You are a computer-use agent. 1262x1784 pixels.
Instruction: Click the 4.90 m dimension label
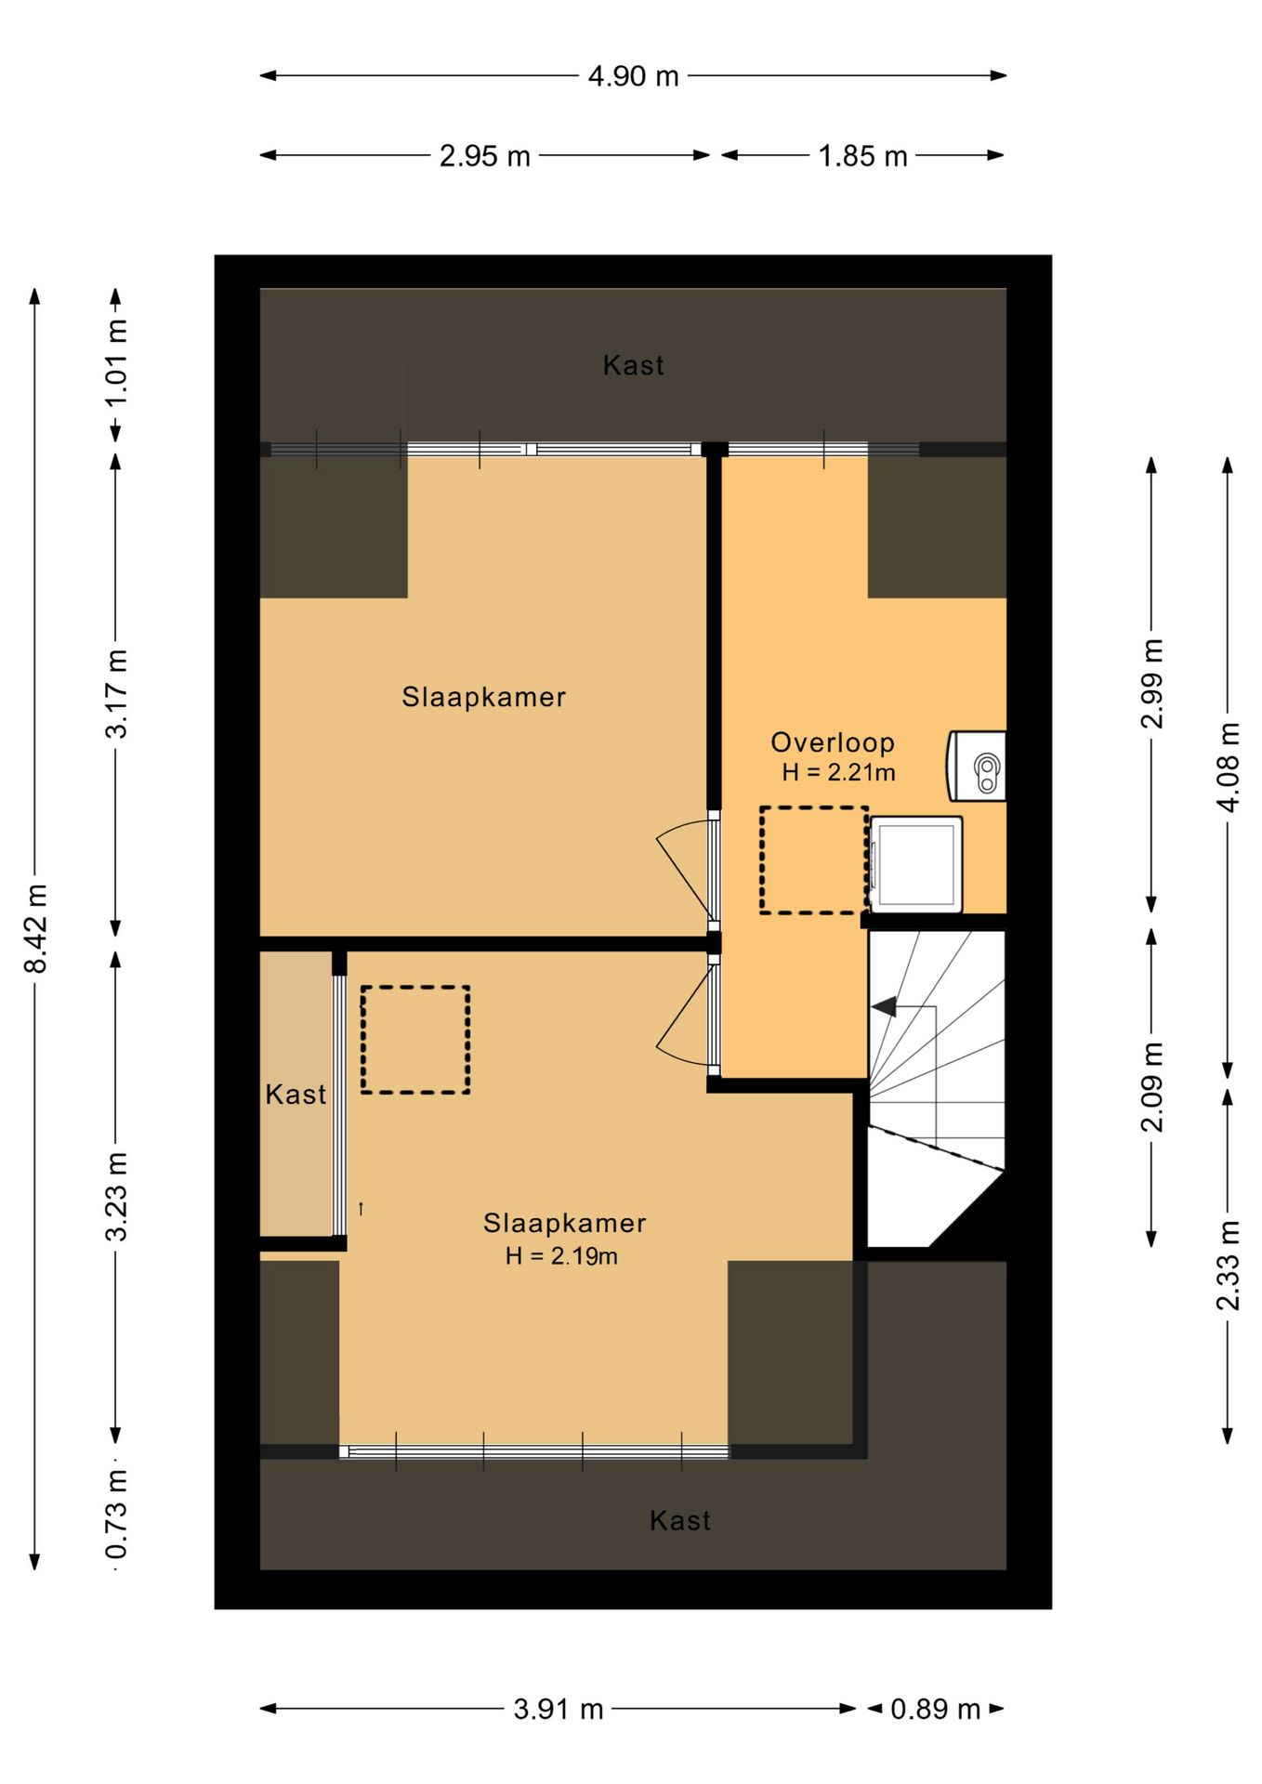click(633, 76)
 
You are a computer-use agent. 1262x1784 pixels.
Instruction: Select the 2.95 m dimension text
click(484, 156)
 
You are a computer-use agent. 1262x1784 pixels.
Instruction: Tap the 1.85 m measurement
click(862, 156)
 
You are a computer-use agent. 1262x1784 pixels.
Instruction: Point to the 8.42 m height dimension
click(35, 928)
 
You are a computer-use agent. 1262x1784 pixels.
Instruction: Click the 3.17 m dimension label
click(116, 693)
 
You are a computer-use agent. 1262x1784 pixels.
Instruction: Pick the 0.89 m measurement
click(935, 1709)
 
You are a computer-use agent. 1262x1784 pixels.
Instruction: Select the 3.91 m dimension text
click(559, 1709)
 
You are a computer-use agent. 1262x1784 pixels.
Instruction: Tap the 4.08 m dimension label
click(1228, 767)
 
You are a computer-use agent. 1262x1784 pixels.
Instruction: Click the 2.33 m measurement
click(1228, 1266)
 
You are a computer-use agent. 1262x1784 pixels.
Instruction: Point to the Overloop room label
click(833, 742)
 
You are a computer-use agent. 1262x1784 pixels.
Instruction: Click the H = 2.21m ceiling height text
click(838, 772)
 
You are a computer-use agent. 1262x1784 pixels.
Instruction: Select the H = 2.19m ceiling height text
click(561, 1256)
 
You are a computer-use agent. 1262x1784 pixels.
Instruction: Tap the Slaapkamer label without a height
click(483, 697)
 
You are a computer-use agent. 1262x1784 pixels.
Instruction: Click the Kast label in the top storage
click(633, 365)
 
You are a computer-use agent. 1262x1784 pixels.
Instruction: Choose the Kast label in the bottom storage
click(680, 1520)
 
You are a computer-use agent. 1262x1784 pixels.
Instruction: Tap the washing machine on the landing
click(915, 864)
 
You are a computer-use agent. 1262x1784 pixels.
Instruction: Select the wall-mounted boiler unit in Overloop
click(976, 767)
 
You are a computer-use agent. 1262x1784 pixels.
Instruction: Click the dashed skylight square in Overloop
click(814, 860)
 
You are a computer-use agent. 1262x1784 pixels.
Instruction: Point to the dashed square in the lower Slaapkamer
click(415, 1040)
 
